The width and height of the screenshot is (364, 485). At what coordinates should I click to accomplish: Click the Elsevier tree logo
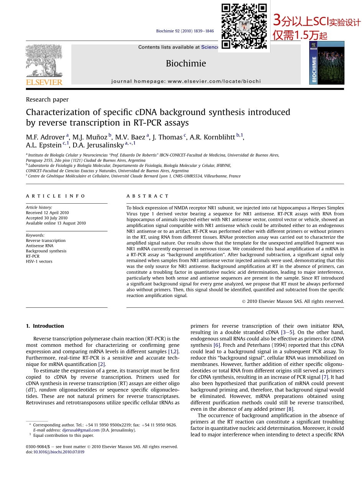44,61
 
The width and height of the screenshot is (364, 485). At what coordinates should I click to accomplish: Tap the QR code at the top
244,26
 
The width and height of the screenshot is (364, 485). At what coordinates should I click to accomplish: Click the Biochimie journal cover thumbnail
326,63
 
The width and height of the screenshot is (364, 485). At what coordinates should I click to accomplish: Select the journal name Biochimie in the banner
186,64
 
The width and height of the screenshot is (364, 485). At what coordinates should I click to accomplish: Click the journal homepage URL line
186,81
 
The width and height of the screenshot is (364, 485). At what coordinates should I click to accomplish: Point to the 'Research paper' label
47,100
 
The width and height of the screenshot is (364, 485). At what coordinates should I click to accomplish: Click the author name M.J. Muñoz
90,137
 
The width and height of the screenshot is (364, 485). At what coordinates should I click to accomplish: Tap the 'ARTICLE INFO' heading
56,196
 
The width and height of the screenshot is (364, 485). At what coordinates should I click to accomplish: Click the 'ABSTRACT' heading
148,196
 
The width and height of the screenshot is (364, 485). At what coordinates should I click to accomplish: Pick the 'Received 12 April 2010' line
48,213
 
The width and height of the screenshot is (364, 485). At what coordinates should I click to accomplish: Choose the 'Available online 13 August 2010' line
56,223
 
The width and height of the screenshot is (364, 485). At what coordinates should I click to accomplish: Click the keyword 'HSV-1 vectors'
39,261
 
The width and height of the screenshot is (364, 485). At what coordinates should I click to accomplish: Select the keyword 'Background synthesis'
46,251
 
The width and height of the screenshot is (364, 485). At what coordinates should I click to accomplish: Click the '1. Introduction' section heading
45,326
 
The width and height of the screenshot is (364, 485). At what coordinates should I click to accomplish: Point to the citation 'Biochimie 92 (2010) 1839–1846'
185,31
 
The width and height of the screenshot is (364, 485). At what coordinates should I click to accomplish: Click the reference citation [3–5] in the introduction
287,332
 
